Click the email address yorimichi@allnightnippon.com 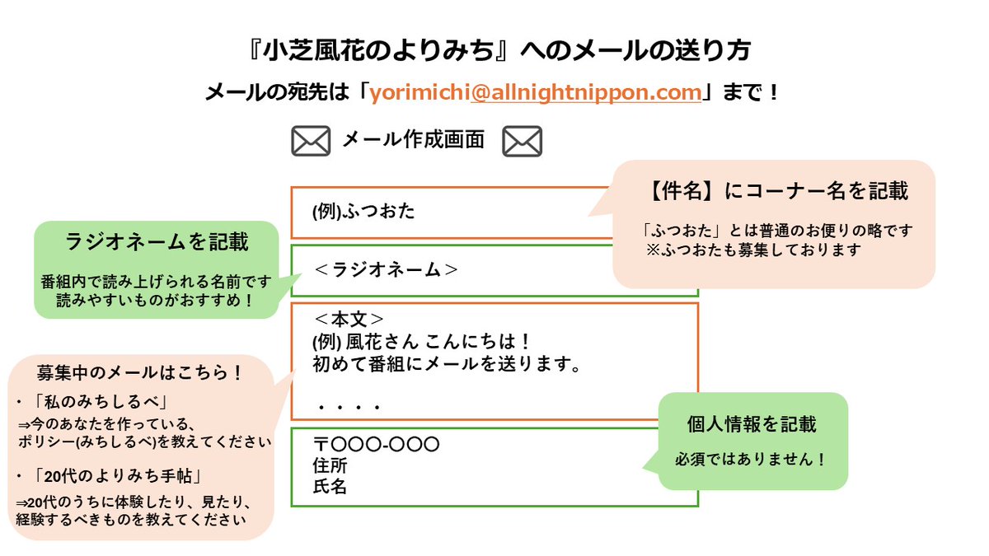[535, 92]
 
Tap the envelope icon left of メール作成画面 [311, 141]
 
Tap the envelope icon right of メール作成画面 [522, 141]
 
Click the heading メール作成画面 [413, 139]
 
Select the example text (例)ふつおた [363, 212]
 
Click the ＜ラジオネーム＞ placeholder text [386, 269]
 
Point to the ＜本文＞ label [349, 319]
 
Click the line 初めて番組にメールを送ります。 [447, 364]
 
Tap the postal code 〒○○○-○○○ [376, 444]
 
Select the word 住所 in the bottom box [330, 465]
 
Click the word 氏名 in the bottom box [330, 487]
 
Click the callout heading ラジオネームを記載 [157, 242]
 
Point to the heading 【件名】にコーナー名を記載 [776, 191]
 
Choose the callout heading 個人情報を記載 [752, 424]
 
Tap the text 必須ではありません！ [750, 460]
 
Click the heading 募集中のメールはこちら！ [140, 373]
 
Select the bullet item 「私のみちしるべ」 [101, 402]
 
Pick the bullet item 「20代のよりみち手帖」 [118, 476]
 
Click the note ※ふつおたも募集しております [753, 250]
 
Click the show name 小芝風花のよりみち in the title [378, 50]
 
